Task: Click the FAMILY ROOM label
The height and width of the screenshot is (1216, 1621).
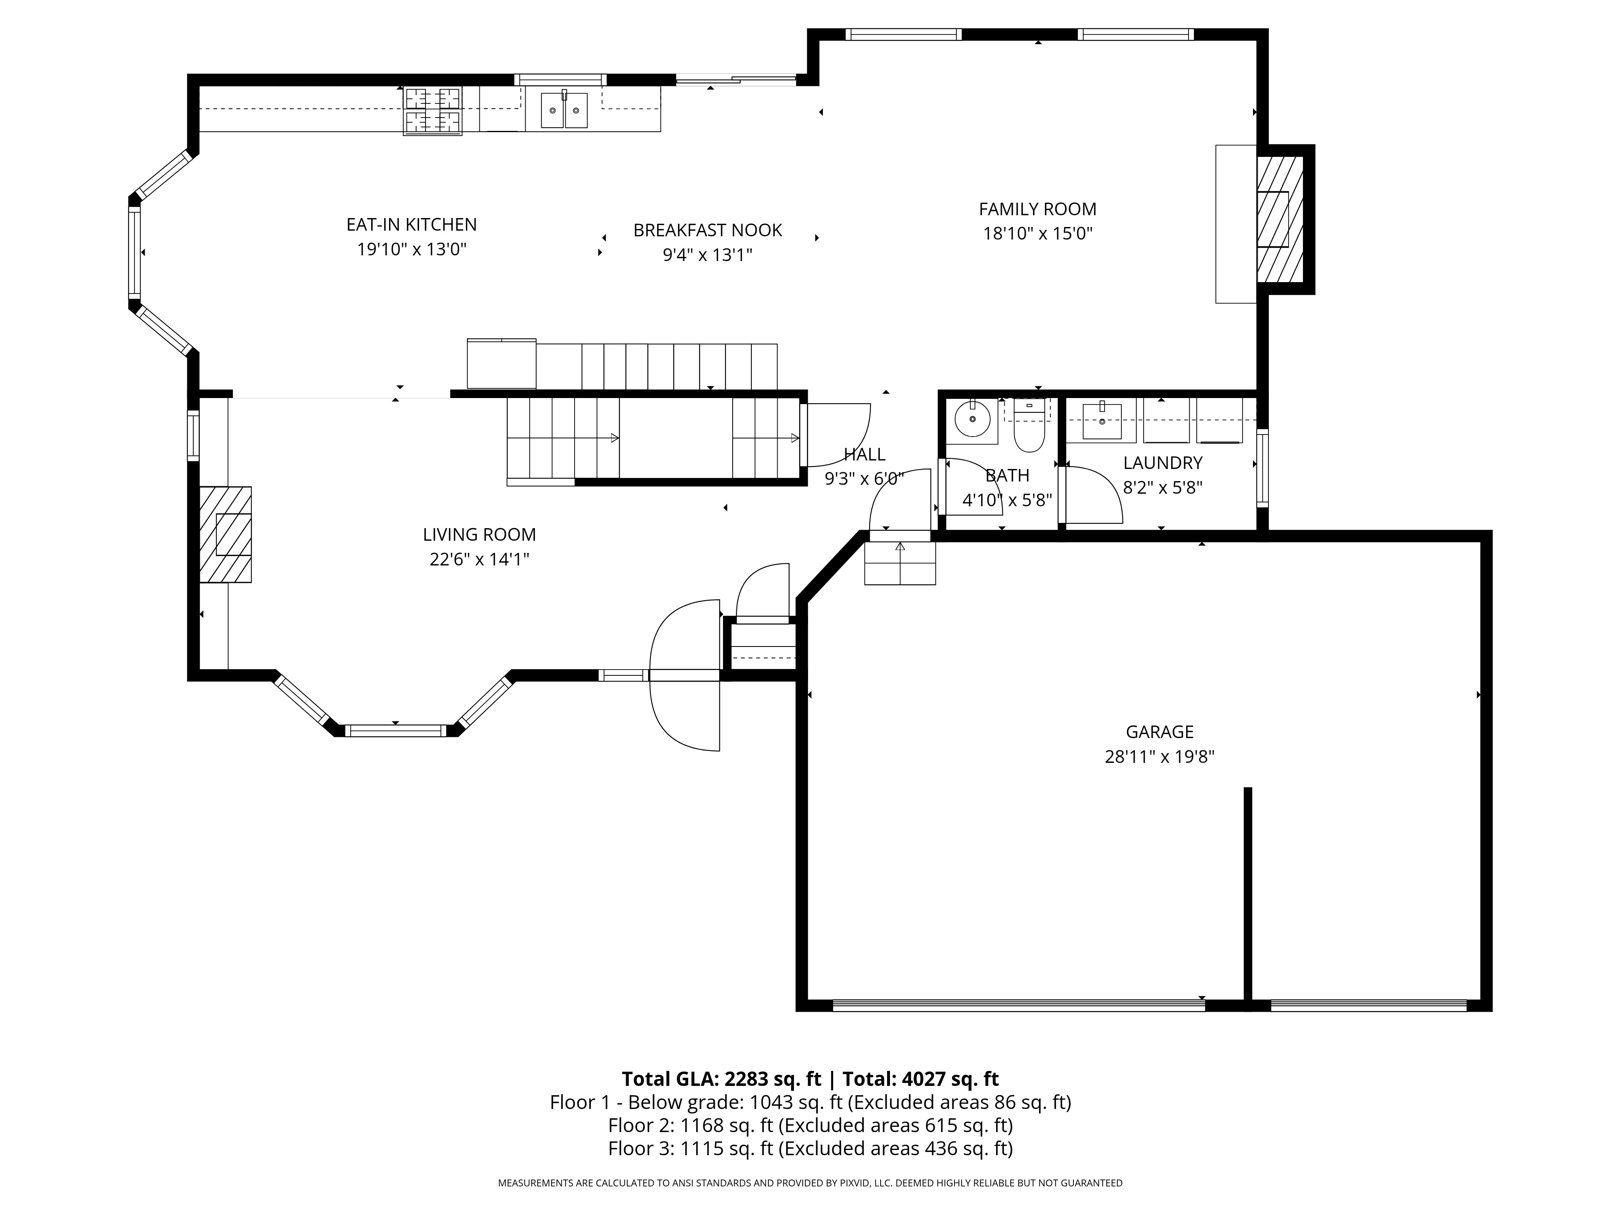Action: coord(1037,209)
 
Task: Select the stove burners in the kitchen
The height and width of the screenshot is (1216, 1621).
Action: coord(432,111)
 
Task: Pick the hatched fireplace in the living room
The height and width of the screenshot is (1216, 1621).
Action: coord(226,534)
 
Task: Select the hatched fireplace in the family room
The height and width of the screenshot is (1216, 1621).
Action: coord(1279,219)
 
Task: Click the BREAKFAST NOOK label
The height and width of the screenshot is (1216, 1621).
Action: coord(707,230)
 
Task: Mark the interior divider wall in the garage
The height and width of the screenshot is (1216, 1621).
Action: coord(1247,894)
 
